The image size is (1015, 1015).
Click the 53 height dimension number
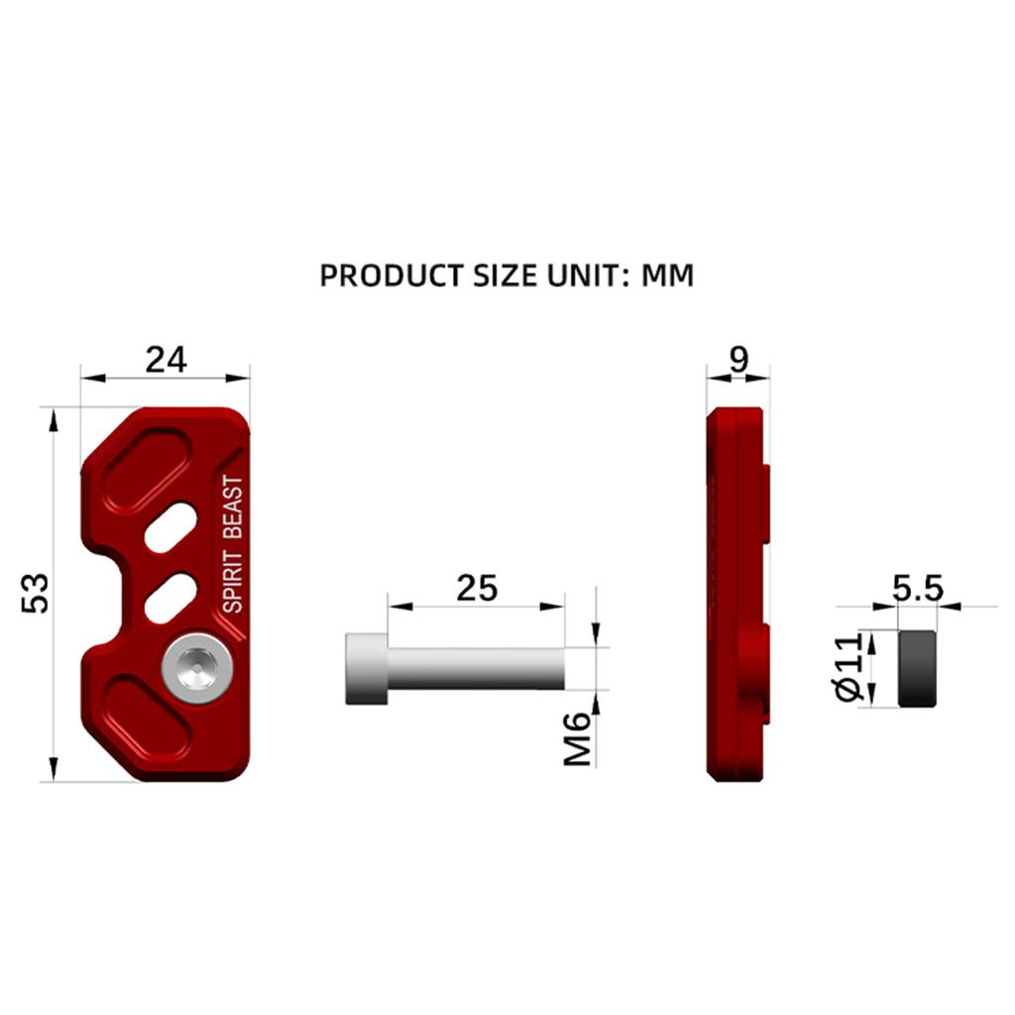35,593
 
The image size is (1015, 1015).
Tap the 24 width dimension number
166,359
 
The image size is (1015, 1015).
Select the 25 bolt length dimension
477,589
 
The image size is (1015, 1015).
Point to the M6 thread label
578,738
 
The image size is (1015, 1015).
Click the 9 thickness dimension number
738,359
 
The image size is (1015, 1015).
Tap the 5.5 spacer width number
918,589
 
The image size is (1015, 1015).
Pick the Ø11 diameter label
849,667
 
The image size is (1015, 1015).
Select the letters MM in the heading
667,276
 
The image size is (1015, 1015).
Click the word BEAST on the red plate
232,507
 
